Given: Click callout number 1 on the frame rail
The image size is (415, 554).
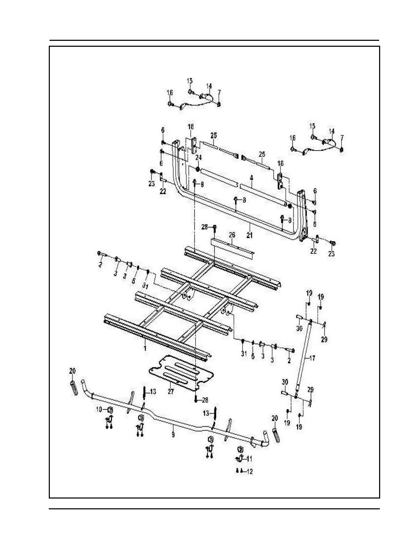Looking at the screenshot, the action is pyautogui.click(x=145, y=348).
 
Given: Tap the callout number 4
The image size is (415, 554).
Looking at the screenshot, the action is pyautogui.click(x=251, y=178).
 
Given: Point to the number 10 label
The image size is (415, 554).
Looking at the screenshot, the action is pyautogui.click(x=99, y=409).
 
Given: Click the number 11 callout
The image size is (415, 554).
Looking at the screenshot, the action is pyautogui.click(x=249, y=458).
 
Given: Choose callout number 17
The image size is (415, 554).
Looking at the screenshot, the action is pyautogui.click(x=312, y=358).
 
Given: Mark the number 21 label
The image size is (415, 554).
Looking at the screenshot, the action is pyautogui.click(x=249, y=235).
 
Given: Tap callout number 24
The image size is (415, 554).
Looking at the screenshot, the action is pyautogui.click(x=198, y=158).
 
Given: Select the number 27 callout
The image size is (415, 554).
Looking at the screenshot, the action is pyautogui.click(x=170, y=391).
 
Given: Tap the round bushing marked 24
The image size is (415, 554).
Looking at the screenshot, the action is pyautogui.click(x=197, y=169).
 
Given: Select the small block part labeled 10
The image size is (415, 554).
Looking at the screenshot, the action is pyautogui.click(x=108, y=409).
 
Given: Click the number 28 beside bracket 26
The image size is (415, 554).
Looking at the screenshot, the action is pyautogui.click(x=205, y=227).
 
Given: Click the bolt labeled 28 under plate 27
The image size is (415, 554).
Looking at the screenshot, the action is pyautogui.click(x=196, y=400).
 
